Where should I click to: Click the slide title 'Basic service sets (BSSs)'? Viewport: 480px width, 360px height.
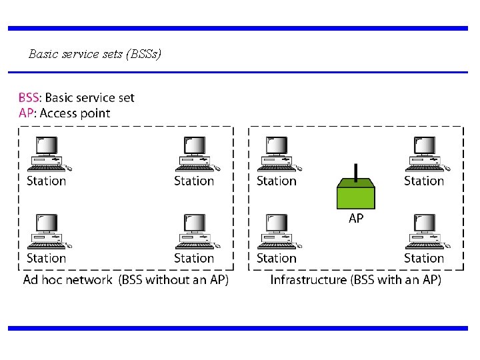coord(95,54)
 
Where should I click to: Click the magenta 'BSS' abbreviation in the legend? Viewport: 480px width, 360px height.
coord(29,98)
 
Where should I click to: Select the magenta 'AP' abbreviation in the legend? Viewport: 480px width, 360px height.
coord(26,113)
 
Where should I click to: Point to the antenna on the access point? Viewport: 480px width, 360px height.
coord(356,172)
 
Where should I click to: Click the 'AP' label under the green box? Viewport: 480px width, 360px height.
coord(356,218)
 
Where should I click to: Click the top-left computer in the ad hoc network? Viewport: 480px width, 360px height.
coord(48,153)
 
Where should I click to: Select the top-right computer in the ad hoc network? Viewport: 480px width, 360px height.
coord(195,153)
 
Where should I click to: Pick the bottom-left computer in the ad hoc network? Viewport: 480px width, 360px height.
coord(48,231)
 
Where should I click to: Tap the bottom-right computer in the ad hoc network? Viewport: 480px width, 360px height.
coord(195,231)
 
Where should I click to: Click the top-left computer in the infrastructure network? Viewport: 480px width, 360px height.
coord(277,153)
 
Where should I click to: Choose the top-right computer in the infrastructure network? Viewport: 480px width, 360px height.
coord(425,153)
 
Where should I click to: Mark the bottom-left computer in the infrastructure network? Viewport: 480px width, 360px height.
coord(277,231)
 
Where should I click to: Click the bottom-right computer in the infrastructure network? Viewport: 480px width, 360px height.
coord(425,231)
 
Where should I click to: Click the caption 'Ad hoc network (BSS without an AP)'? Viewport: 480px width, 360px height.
coord(126,280)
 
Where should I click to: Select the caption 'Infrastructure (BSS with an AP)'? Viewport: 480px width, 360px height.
coord(355,280)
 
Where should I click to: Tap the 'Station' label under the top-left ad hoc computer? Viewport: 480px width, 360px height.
coord(47,181)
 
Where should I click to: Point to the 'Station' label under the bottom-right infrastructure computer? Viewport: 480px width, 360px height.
coord(424,258)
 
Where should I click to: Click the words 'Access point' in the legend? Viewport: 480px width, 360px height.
coord(75,113)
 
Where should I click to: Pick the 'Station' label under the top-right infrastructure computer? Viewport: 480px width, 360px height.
coord(424,181)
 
